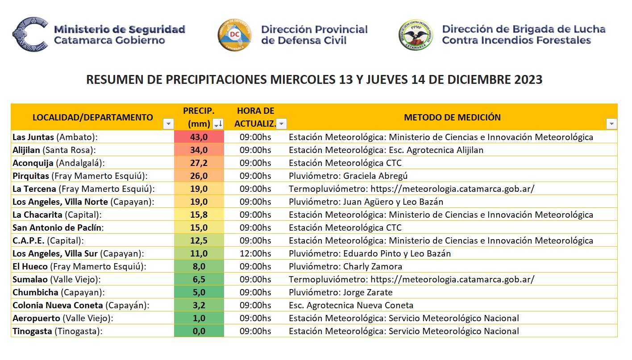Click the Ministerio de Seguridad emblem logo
click(x=30, y=34)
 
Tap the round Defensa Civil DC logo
click(x=235, y=35)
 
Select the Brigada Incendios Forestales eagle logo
click(x=416, y=35)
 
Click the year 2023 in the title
click(x=528, y=80)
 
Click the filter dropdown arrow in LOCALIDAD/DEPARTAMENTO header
click(x=168, y=124)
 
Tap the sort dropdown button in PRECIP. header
click(x=218, y=124)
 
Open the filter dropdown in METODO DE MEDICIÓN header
click(x=611, y=124)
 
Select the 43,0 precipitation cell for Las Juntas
click(x=199, y=137)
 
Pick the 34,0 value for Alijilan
click(x=199, y=150)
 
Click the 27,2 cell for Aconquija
click(x=199, y=163)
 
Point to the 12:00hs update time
click(x=255, y=253)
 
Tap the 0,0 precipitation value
click(x=199, y=331)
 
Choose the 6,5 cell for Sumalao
click(x=199, y=279)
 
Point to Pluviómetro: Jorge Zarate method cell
click(x=341, y=292)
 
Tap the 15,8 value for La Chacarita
click(x=199, y=215)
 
